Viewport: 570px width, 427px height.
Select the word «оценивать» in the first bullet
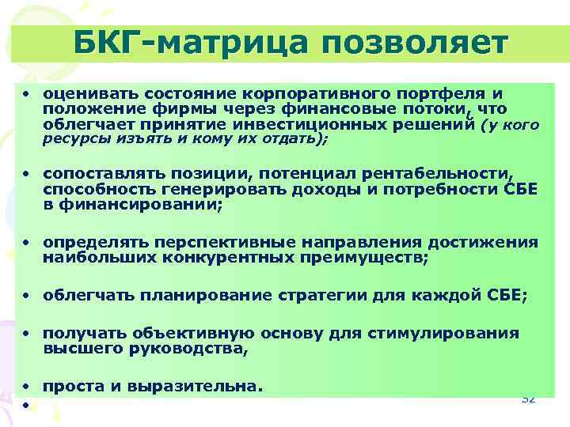click(82, 94)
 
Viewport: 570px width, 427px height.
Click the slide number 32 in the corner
click(528, 398)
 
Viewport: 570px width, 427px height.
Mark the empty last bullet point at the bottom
click(25, 406)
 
